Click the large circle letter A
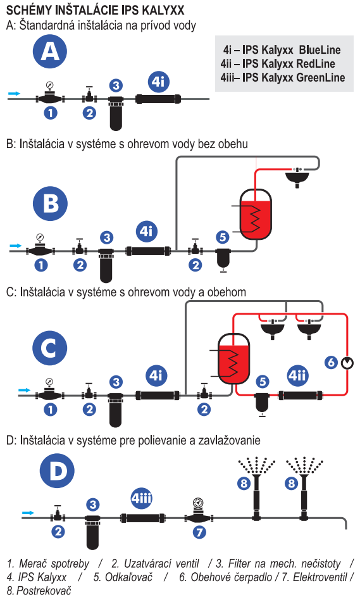tap(50, 51)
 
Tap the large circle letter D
tap(57, 471)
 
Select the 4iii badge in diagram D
tap(141, 498)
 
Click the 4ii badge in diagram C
tap(297, 375)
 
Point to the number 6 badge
tap(332, 363)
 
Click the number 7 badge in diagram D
tap(199, 532)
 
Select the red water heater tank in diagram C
tap(233, 359)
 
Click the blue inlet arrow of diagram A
tap(14, 93)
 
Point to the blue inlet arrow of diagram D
tap(28, 513)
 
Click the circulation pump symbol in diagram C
tap(347, 363)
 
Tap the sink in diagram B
tap(297, 177)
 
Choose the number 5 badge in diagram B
tap(223, 237)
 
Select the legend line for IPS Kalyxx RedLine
tap(278, 64)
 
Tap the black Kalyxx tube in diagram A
tap(159, 99)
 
